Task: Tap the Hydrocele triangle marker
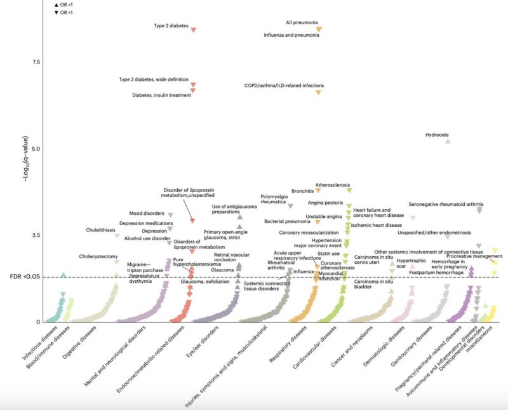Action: click(x=448, y=140)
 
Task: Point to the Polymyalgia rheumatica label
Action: click(x=275, y=200)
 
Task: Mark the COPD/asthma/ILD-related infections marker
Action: click(x=319, y=93)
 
